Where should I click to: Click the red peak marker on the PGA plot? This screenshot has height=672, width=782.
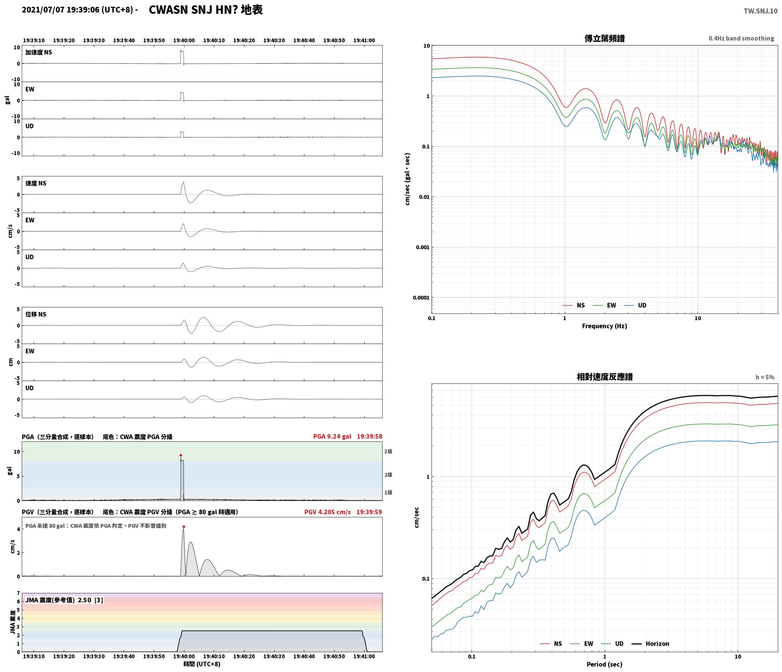click(181, 455)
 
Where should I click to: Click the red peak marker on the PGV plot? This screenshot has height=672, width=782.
click(184, 527)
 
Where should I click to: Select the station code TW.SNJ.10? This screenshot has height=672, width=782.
click(760, 11)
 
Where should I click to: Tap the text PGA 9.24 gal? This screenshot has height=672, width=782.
click(332, 436)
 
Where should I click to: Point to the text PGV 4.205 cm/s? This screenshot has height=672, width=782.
click(328, 512)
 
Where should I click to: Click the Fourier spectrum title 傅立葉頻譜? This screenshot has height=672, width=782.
click(604, 39)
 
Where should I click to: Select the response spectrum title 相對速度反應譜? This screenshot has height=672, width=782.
click(604, 377)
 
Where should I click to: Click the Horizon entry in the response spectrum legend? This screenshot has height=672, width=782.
click(657, 643)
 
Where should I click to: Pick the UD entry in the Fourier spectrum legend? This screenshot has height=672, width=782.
click(642, 305)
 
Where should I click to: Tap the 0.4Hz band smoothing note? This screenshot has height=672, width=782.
click(741, 39)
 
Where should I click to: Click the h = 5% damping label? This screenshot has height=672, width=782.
click(765, 377)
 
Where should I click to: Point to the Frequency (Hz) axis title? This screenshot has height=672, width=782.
click(604, 326)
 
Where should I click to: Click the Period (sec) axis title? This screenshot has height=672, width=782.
click(604, 664)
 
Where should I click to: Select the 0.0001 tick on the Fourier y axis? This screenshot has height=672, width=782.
click(421, 298)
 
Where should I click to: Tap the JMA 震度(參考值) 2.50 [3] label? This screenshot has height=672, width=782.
click(64, 600)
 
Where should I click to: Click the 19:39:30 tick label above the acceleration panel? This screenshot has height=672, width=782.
click(94, 40)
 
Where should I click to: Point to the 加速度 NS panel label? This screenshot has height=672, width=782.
click(39, 52)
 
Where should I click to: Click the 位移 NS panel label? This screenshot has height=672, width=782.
click(36, 314)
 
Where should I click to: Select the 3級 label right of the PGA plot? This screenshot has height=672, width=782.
click(388, 451)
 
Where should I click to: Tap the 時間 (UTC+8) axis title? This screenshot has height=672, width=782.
click(202, 664)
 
